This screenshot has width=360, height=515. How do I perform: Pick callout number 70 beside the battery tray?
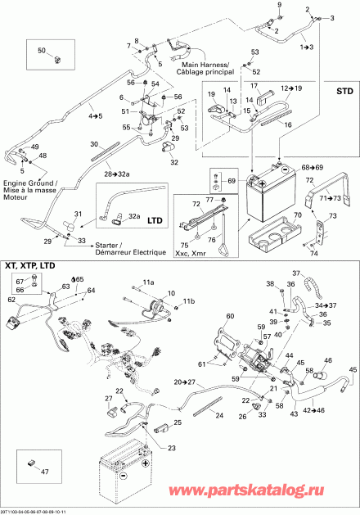click(297, 214)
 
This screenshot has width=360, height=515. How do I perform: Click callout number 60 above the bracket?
click(230, 316)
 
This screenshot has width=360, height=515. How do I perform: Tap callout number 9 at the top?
click(280, 7)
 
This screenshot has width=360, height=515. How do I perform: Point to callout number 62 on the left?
click(11, 300)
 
